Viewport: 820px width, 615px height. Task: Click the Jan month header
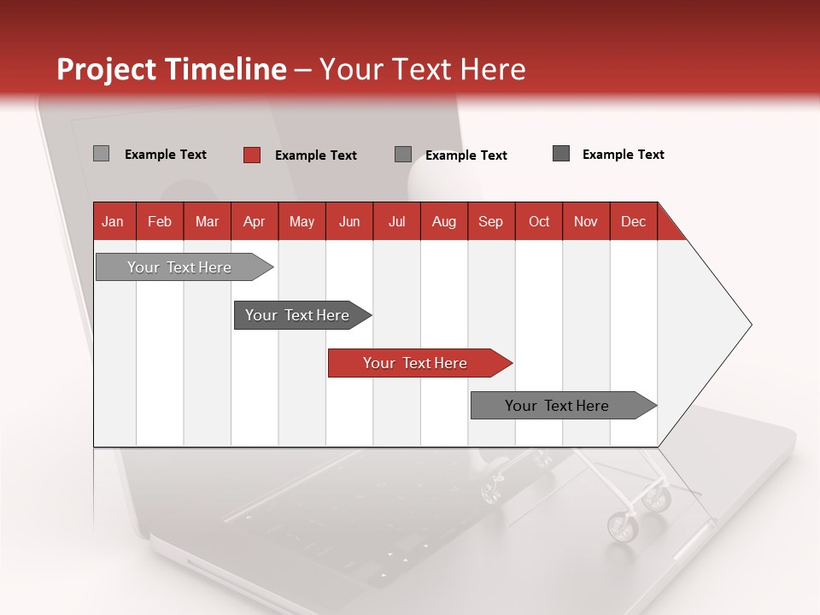pyautogui.click(x=113, y=221)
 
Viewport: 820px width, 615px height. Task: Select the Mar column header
pyautogui.click(x=207, y=221)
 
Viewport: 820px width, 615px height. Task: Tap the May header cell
pyautogui.click(x=302, y=221)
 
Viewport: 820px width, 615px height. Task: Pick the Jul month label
pyautogui.click(x=396, y=221)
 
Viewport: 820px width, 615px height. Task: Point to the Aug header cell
pyautogui.click(x=443, y=221)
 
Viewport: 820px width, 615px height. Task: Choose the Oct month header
pyautogui.click(x=539, y=221)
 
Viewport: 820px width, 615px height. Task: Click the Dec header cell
pyautogui.click(x=633, y=221)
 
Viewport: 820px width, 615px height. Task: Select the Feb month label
pyautogui.click(x=160, y=221)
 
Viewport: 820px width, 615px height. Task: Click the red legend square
pyautogui.click(x=252, y=155)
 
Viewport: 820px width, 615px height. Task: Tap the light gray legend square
pyautogui.click(x=101, y=154)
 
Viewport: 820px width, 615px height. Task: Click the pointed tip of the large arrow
pyautogui.click(x=749, y=325)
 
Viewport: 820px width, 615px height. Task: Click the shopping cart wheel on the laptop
pyautogui.click(x=622, y=526)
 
